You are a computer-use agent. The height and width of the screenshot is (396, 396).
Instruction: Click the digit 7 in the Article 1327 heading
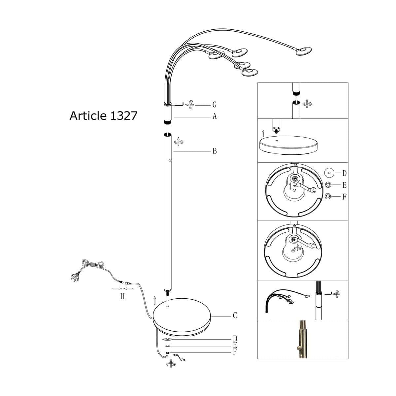tap(134, 116)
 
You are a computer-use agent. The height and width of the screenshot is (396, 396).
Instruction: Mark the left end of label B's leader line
tap(174, 152)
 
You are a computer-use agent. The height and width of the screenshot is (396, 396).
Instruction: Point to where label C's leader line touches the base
tap(211, 316)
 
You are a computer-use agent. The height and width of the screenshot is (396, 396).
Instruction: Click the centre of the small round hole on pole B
tap(170, 160)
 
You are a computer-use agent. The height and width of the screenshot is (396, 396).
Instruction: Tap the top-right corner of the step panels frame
tap(348, 82)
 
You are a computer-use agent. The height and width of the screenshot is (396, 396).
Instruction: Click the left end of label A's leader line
tap(174, 117)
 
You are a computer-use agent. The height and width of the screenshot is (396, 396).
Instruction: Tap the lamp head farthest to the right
tap(304, 51)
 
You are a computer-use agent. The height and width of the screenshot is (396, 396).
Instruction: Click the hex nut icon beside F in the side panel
tap(328, 196)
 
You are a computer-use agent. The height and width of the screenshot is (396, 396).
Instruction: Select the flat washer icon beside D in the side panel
tap(329, 173)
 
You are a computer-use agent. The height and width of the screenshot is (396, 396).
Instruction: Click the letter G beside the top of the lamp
tap(214, 105)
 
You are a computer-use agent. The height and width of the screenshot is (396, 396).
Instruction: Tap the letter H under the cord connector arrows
tap(122, 297)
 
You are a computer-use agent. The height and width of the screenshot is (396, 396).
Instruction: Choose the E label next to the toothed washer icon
tap(345, 185)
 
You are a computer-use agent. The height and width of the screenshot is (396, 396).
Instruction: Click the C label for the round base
tap(235, 315)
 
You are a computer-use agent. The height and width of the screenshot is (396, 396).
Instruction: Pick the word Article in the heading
tap(88, 116)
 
